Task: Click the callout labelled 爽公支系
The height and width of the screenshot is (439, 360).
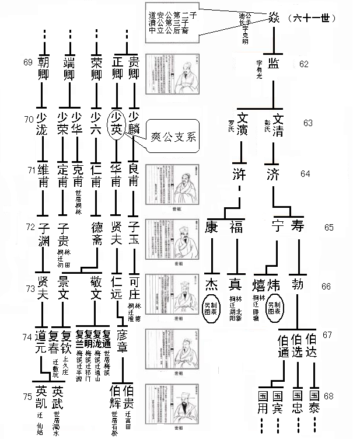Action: (174, 139)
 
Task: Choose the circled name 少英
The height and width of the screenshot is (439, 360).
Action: (117, 123)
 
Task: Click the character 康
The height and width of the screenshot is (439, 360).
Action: (212, 225)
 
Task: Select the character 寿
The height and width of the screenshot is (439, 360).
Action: (298, 225)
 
